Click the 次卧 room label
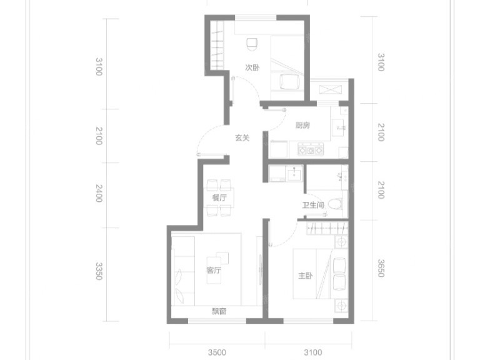click(x=252, y=67)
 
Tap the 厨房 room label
click(x=302, y=125)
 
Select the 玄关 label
click(x=242, y=137)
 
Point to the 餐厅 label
click(x=219, y=197)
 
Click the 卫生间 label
click(x=313, y=205)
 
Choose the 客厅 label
click(x=214, y=270)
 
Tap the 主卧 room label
click(x=305, y=276)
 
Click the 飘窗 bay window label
click(x=219, y=312)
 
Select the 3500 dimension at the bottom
click(x=217, y=352)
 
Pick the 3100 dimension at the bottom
click(x=313, y=352)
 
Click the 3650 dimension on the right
click(x=381, y=268)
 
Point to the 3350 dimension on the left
click(x=99, y=271)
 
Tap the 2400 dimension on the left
click(x=99, y=193)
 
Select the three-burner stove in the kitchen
click(x=311, y=149)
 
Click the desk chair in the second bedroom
click(x=252, y=44)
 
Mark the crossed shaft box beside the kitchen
click(x=330, y=90)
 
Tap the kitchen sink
click(x=339, y=126)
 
